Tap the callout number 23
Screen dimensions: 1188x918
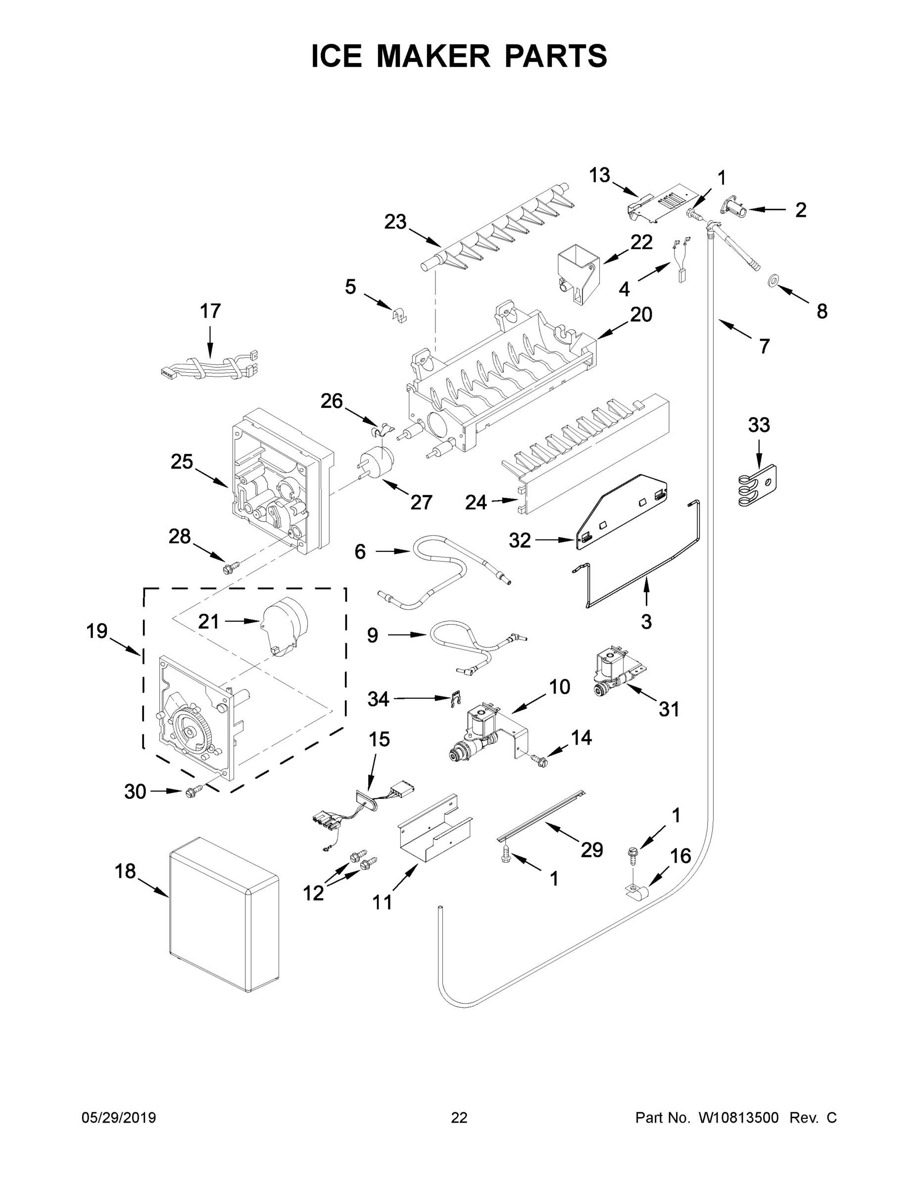pyautogui.click(x=395, y=222)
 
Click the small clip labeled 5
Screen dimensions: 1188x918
pyautogui.click(x=400, y=314)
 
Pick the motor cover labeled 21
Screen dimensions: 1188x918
pyautogui.click(x=284, y=626)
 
